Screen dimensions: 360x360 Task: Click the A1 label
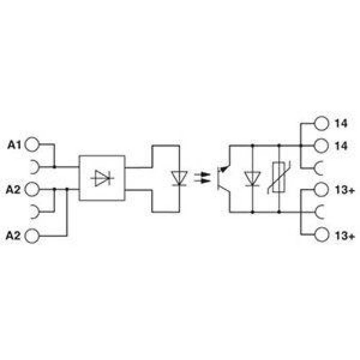tap(14, 145)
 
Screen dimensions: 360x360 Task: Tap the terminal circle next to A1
tap(32, 144)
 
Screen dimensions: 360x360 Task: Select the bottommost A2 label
tap(13, 235)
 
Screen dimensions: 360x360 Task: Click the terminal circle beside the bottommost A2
tap(32, 235)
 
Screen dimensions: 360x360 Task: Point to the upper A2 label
tap(13, 190)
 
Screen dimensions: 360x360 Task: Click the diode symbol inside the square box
tap(102, 178)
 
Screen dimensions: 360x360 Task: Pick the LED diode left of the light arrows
tap(179, 178)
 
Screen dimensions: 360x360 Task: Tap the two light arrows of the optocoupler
tap(202, 178)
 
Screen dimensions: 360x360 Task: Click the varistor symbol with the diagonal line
tap(279, 177)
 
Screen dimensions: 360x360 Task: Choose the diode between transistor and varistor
tap(252, 179)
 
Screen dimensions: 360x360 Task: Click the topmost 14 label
tap(341, 123)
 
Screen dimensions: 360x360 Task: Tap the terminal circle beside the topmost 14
tap(321, 123)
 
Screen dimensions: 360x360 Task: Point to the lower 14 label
tap(341, 146)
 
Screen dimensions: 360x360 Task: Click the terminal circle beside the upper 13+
tap(321, 189)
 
